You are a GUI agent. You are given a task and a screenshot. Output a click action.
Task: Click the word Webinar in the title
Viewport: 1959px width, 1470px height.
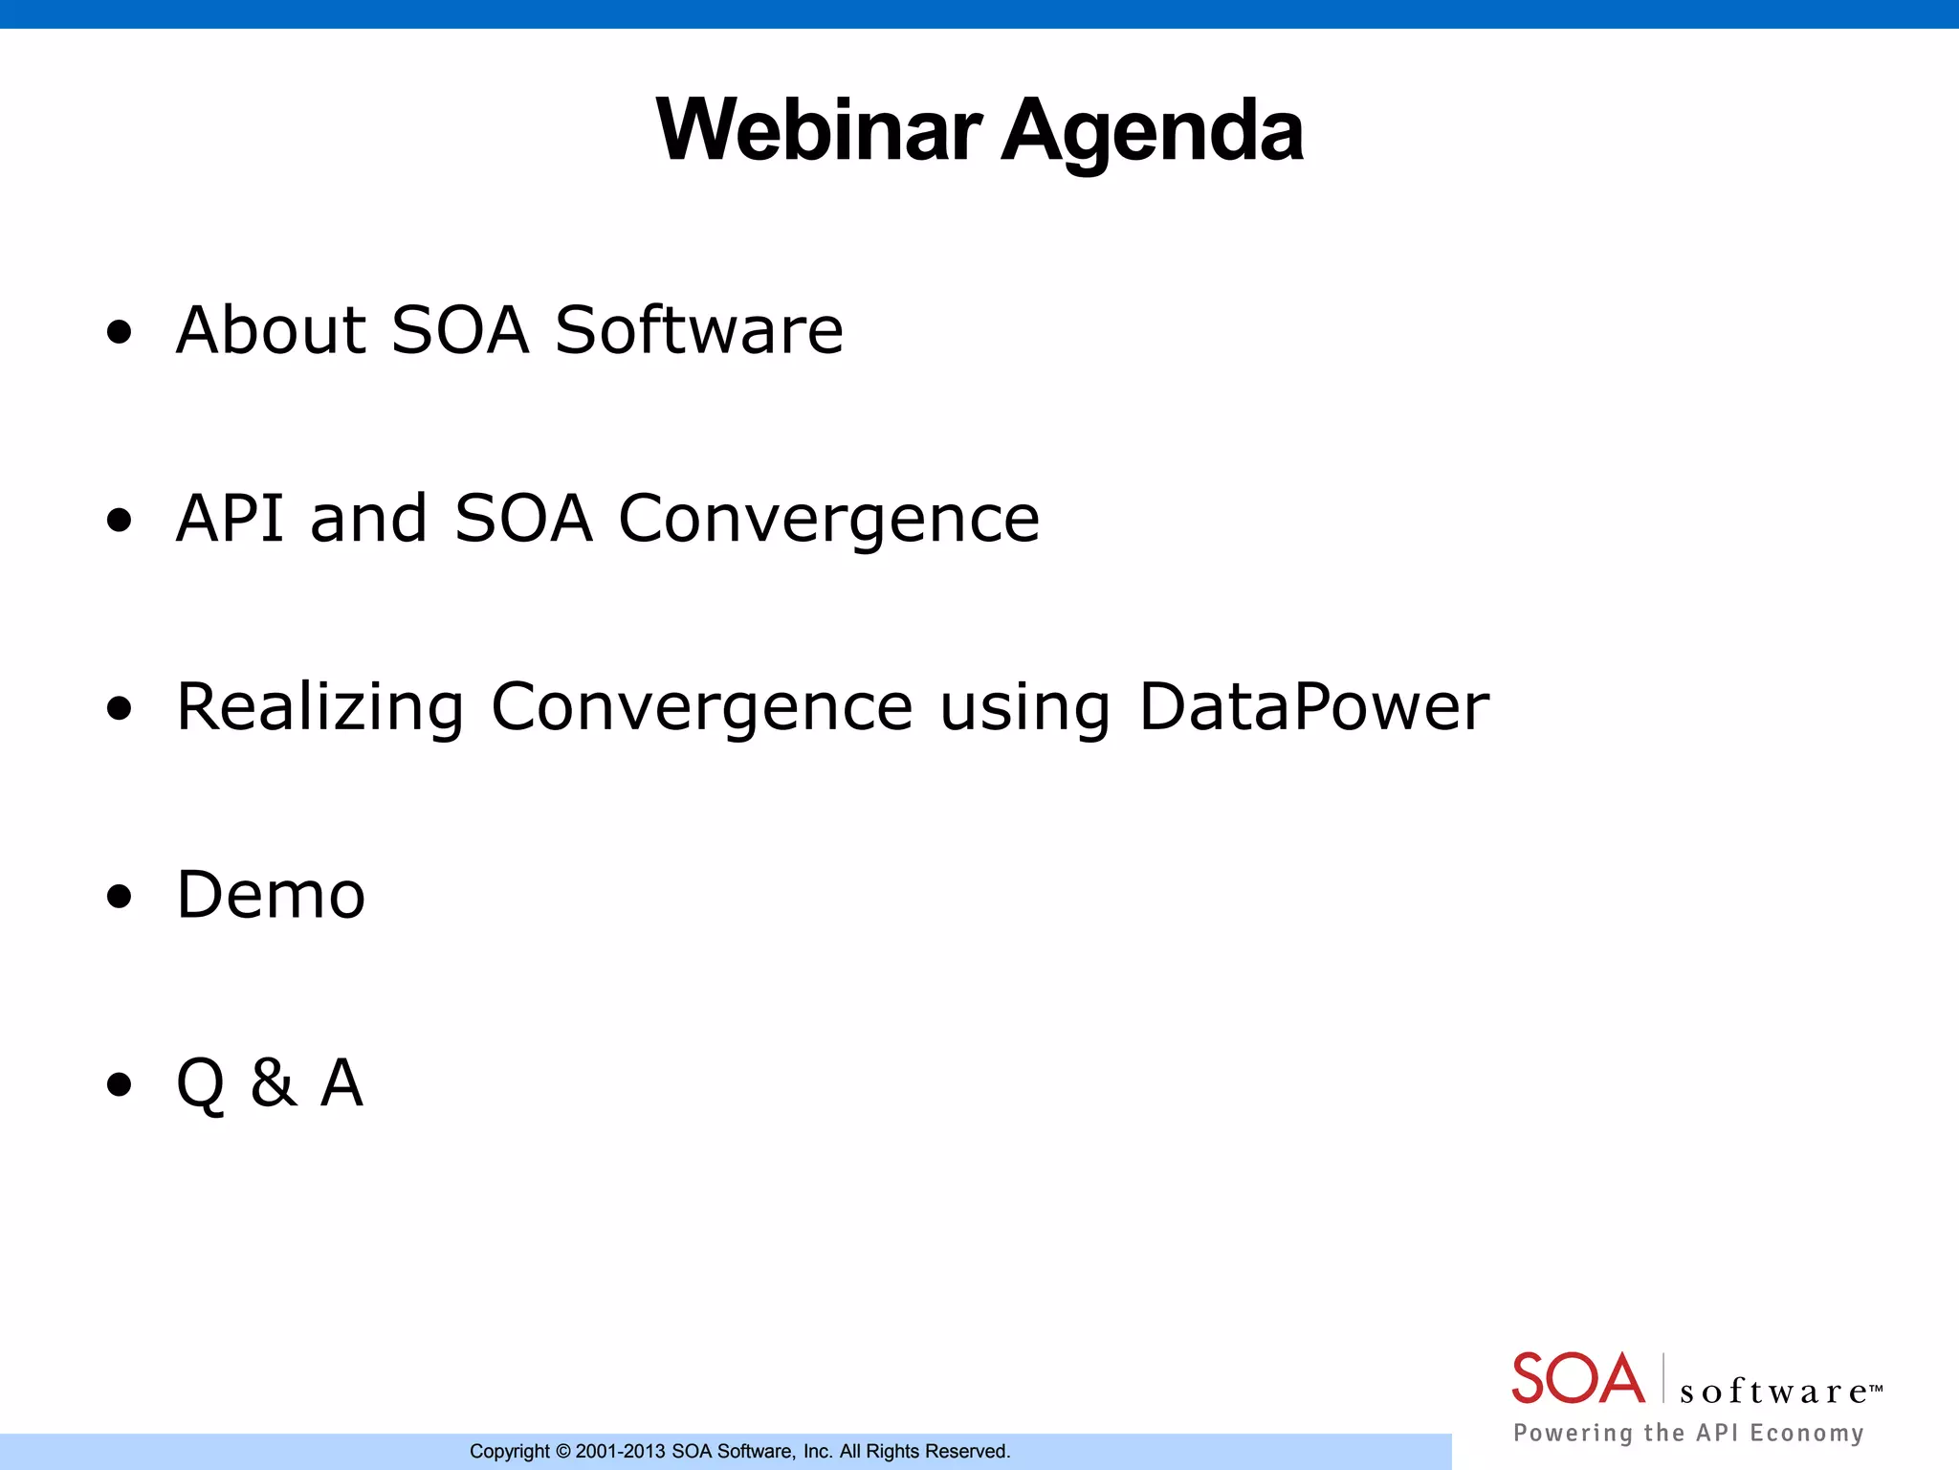coord(819,130)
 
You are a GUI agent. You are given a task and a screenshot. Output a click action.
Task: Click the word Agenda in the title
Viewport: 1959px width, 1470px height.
coord(1152,132)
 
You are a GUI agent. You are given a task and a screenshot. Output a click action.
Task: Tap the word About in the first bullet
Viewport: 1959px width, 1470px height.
coord(273,329)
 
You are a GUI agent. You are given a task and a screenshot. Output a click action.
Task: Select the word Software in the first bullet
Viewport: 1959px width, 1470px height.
coord(699,329)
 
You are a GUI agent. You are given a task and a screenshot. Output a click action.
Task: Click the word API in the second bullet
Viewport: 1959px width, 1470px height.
coord(231,518)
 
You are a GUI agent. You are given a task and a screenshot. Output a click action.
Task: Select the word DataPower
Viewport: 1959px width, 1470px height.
coord(1313,706)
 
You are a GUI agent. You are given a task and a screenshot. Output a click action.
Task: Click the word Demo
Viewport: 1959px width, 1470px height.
coord(272,895)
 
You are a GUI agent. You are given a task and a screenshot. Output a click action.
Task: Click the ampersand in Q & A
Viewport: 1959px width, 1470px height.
coord(273,1083)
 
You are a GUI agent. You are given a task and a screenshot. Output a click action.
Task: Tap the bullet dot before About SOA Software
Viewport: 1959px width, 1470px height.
coord(119,332)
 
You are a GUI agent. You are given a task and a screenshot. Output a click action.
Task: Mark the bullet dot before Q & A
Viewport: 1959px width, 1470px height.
coord(119,1085)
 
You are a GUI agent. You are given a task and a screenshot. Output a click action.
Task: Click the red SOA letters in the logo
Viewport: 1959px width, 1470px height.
coord(1577,1379)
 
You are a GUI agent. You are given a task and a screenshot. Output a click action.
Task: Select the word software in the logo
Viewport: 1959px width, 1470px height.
coord(1772,1391)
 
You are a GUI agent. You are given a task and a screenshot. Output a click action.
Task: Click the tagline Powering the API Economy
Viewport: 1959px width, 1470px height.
coord(1688,1433)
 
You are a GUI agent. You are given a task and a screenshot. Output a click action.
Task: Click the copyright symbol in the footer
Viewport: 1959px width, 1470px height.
coord(563,1452)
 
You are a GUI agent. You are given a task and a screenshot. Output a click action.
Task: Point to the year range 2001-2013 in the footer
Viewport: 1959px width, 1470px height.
coord(620,1452)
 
